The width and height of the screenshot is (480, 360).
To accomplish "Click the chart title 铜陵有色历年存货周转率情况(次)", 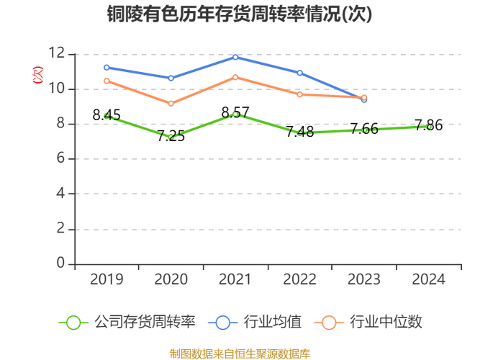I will click(x=240, y=14).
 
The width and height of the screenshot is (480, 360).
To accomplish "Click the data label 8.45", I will click(x=107, y=115).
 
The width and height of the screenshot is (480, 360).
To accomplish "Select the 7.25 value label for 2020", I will click(x=171, y=136).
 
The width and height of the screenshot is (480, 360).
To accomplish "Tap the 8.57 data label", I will click(x=235, y=113).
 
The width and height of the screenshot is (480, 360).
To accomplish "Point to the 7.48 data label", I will click(x=299, y=132).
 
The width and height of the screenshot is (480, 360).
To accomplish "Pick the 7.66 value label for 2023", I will click(x=364, y=130).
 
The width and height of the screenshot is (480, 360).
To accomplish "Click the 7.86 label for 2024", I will click(x=428, y=126).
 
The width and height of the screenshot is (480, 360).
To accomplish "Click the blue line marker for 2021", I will click(x=235, y=57).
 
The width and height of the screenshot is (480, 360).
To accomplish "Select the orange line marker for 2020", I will click(x=171, y=104).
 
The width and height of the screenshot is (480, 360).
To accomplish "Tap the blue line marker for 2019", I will click(x=107, y=67).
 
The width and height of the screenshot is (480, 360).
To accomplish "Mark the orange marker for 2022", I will click(x=299, y=94).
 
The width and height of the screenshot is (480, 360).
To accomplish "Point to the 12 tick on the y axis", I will click(x=57, y=54).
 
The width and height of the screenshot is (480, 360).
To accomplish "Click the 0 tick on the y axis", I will click(x=61, y=264).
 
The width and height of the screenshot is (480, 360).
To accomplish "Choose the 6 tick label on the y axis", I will click(x=61, y=159).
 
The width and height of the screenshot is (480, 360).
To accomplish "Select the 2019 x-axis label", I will click(x=107, y=279).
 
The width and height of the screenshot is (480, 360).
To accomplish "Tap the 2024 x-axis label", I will click(x=428, y=279).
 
